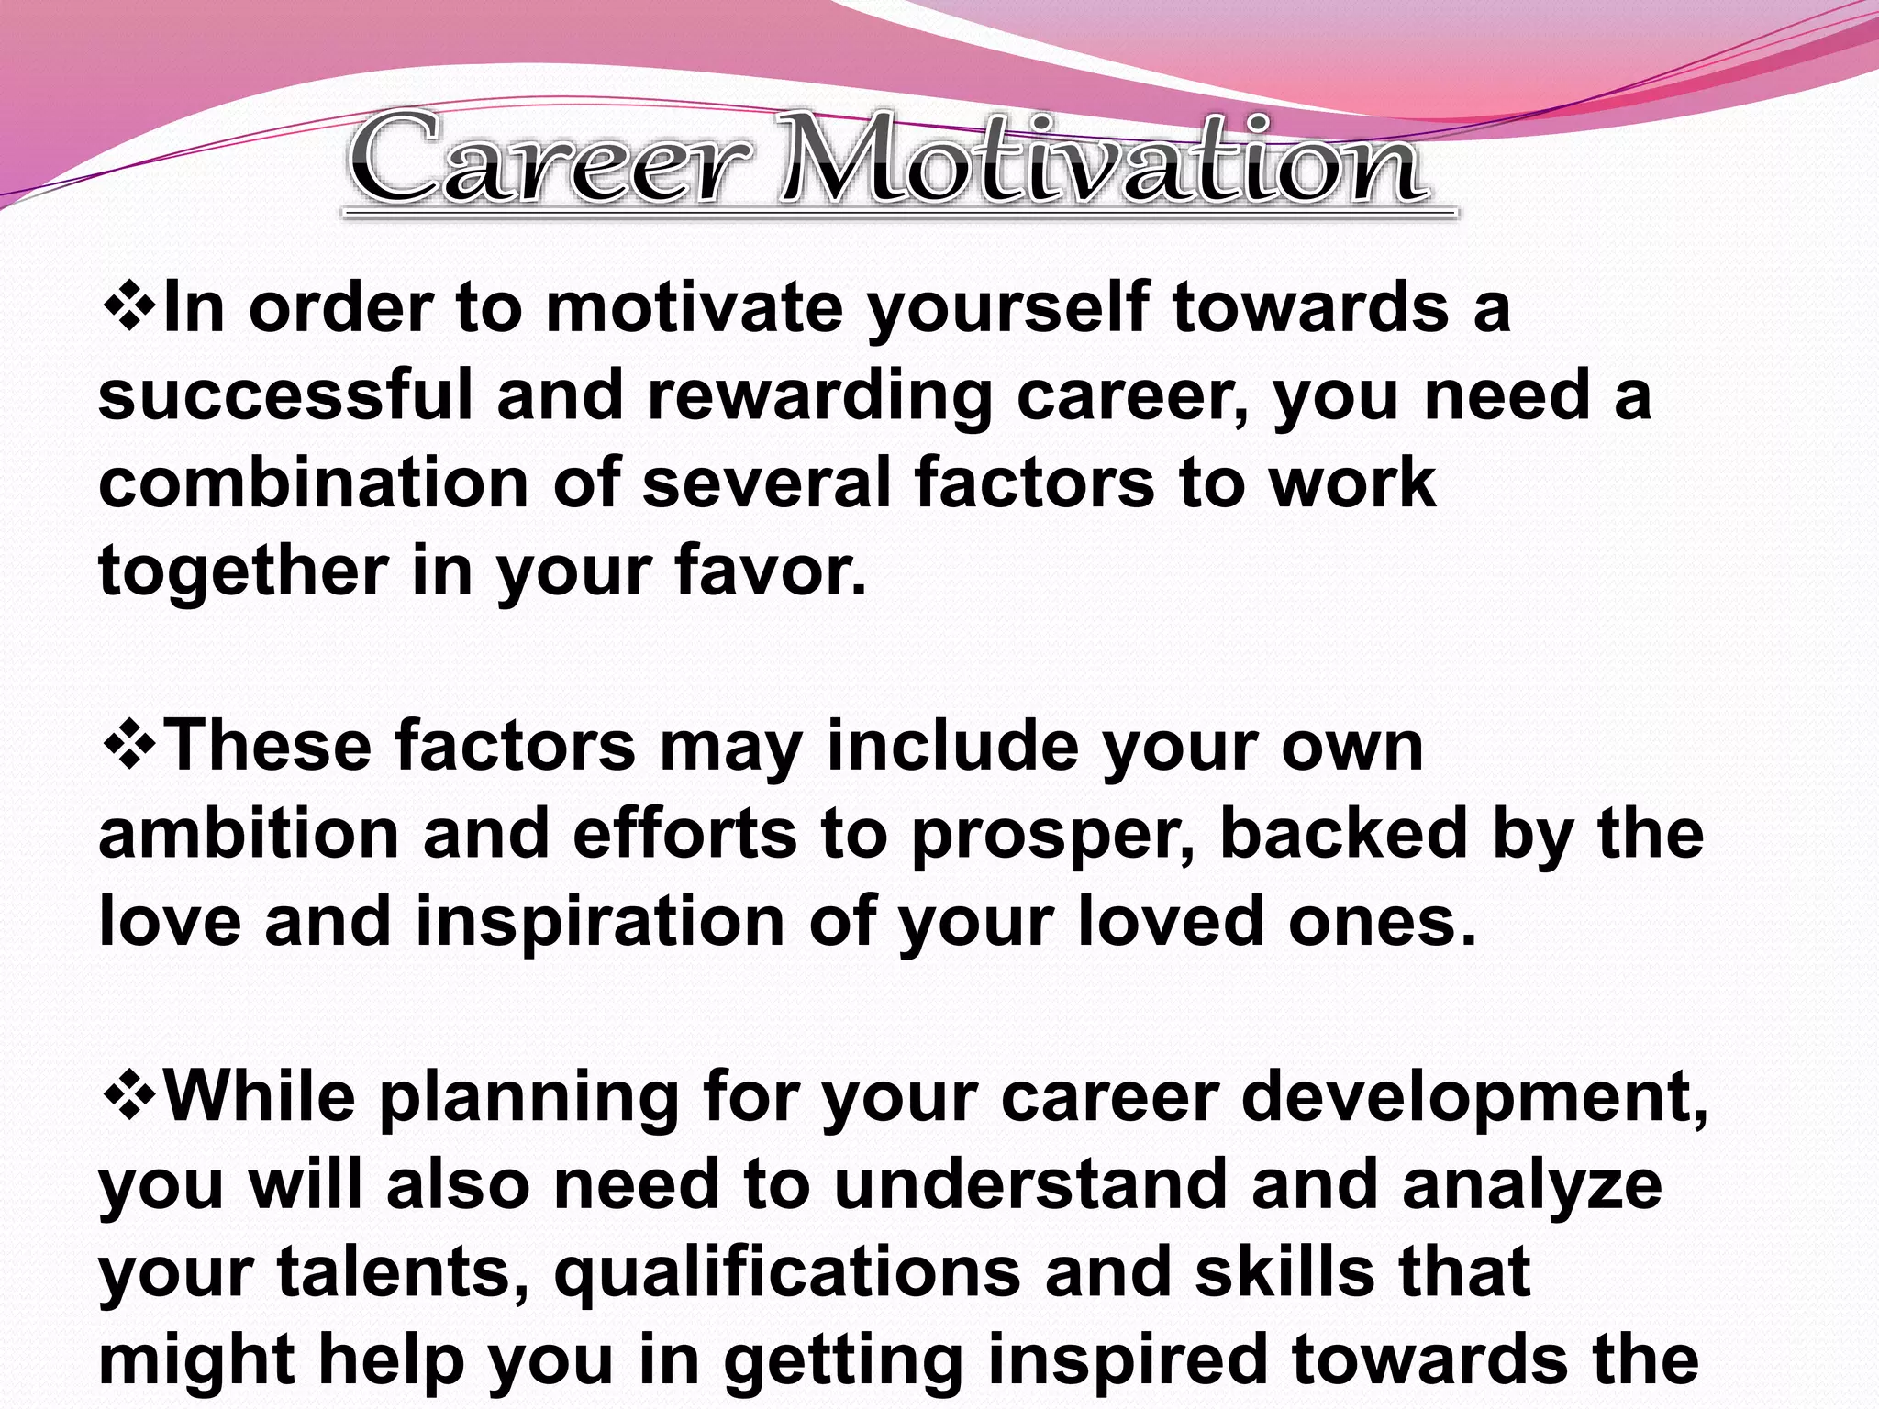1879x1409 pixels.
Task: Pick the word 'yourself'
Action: [x=1008, y=310]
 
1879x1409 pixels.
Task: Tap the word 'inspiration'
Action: [x=600, y=923]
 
